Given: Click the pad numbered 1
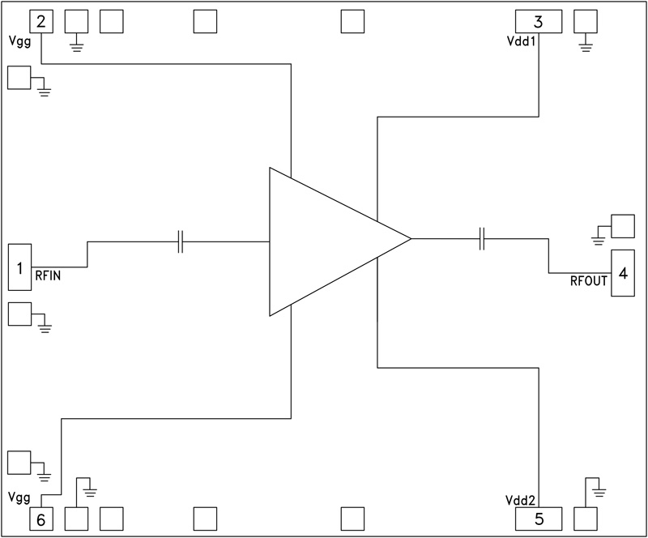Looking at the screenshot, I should click(19, 266).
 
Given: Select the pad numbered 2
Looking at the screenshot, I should click(40, 21).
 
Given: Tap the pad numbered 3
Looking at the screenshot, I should click(539, 21).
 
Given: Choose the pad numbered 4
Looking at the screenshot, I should click(622, 273).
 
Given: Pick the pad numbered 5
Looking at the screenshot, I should click(539, 517).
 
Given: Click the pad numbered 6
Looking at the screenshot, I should click(40, 518).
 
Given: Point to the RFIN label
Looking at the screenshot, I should click(48, 275).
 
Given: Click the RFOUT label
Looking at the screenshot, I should click(589, 281).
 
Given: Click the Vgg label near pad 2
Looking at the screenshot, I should click(19, 41).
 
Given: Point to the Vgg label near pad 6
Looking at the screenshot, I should click(19, 495).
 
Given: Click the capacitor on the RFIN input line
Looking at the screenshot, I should click(181, 241).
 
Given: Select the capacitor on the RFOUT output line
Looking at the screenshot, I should click(481, 239).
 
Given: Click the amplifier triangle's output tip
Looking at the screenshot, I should click(410, 239).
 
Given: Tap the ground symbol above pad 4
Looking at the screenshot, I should click(599, 238).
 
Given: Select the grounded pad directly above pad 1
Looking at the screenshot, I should click(18, 77).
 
